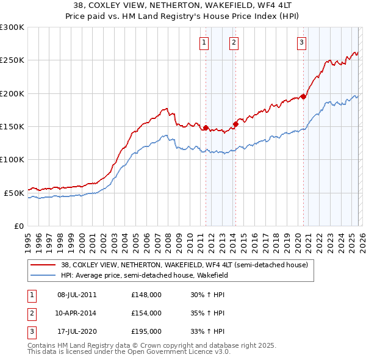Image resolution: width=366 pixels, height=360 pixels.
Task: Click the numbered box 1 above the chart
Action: coord(203,42)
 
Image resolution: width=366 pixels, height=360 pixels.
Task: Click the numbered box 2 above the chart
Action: coord(234,42)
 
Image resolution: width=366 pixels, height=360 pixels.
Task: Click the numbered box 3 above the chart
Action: coord(301,42)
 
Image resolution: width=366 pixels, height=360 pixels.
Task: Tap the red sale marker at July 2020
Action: coord(303,96)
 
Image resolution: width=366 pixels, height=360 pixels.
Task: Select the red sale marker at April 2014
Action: coord(235,124)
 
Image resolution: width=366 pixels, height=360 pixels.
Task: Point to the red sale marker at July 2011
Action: coord(206,128)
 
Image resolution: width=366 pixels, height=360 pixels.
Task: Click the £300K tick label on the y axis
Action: coord(12,27)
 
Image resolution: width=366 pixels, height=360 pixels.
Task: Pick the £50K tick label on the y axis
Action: coord(13,193)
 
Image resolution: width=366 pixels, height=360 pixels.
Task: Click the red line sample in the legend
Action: coord(43,265)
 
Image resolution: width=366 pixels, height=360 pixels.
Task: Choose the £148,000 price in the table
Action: coord(146,294)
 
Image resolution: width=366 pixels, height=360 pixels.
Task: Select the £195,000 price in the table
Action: coord(146,332)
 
